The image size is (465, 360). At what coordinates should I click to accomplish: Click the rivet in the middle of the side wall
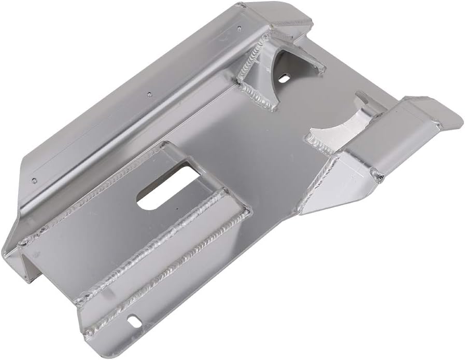click(x=149, y=94)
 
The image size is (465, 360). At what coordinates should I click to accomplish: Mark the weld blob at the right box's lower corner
click(x=380, y=176)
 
